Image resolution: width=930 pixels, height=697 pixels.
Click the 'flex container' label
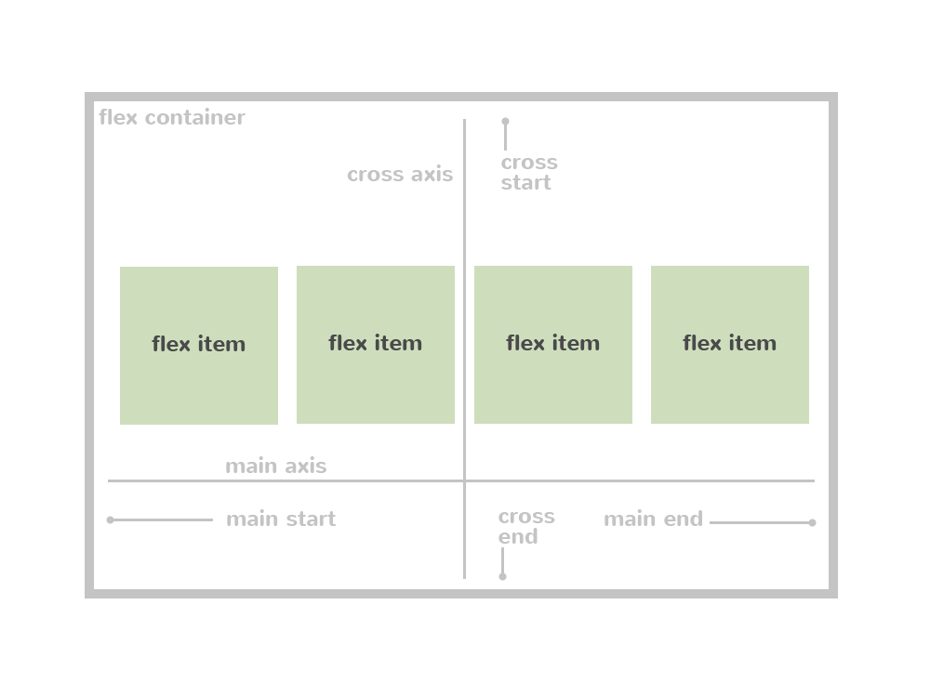coord(172,118)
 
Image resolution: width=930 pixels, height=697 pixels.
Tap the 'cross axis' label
coord(400,175)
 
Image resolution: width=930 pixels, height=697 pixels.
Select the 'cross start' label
coord(529,173)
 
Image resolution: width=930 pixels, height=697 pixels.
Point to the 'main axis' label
coord(276,467)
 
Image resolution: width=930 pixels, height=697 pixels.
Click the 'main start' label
coord(281,519)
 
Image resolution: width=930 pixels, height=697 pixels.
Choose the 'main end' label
coord(653,519)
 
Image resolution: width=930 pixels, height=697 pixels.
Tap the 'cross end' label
coord(526,527)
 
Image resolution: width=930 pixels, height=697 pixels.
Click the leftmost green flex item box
coord(199,346)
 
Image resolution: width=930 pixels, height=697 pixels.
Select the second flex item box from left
coord(376,345)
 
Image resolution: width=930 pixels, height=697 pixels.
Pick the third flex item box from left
coord(553,345)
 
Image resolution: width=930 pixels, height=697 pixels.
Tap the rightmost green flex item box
coord(730,345)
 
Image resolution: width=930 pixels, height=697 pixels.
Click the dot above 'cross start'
coord(506,122)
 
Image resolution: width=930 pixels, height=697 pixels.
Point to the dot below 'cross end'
coord(503,576)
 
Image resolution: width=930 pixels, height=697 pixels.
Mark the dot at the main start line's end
coord(111,520)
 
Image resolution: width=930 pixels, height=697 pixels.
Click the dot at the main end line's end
coord(812,522)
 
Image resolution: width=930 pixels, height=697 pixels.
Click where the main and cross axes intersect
coord(465,480)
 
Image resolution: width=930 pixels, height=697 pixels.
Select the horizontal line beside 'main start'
coord(163,520)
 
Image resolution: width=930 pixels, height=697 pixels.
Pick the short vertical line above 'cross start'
coord(506,138)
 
